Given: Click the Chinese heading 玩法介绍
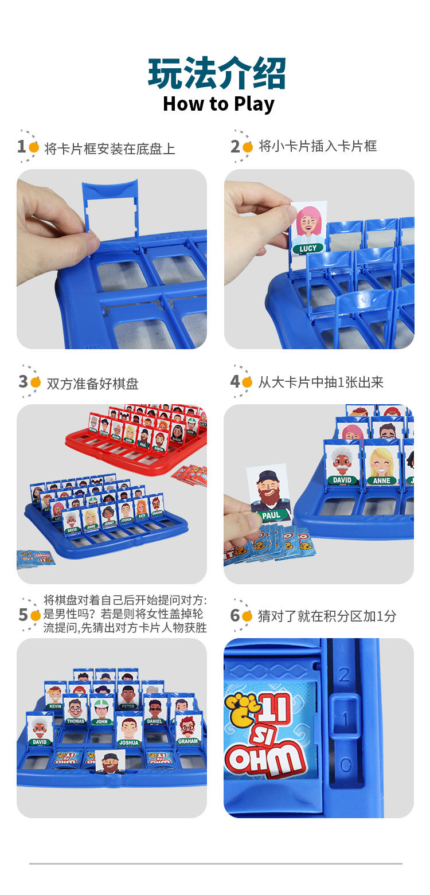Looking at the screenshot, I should tap(217, 73).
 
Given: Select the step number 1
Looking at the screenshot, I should tap(21, 147).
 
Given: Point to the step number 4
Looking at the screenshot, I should tap(234, 381).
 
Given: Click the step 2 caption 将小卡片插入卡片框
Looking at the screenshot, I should tap(318, 146).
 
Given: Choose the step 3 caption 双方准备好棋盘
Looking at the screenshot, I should tap(92, 384).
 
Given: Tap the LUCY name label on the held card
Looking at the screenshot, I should tap(308, 249).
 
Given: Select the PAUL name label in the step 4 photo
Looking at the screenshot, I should tap(271, 515).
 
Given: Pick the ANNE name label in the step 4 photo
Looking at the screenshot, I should tap(381, 480).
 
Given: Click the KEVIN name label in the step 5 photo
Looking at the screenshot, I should tap(55, 706).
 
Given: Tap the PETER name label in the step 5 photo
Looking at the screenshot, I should tap(128, 706).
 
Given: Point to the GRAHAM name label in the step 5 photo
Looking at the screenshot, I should tap(187, 741).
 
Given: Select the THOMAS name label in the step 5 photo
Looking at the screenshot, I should tap(75, 721).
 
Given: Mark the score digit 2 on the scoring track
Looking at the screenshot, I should tap(344, 674).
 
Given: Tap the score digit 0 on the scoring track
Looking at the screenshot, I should tap(345, 764).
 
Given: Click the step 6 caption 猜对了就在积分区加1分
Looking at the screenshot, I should tap(327, 616).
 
